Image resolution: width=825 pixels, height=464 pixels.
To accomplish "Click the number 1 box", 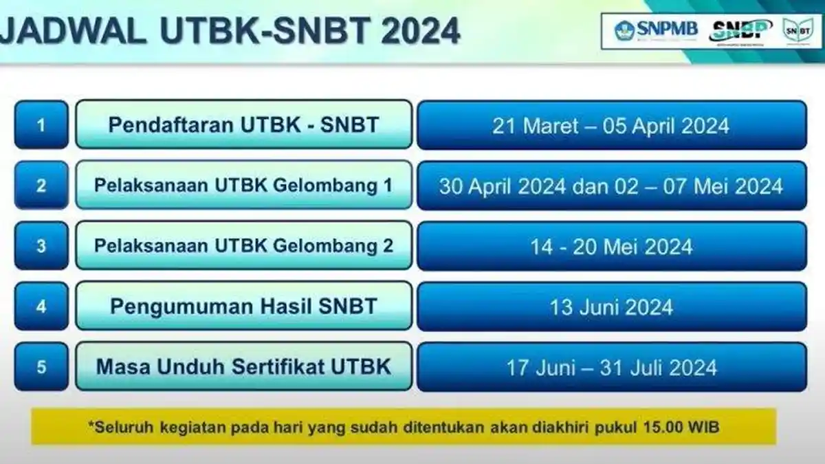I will tap(41, 125).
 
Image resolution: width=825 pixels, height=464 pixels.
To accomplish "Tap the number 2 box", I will tap(41, 186).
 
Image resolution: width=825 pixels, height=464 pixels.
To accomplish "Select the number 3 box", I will tap(41, 245).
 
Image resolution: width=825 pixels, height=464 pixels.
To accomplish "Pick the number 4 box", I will tap(41, 306).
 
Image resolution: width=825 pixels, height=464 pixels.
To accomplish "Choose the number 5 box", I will tap(41, 366).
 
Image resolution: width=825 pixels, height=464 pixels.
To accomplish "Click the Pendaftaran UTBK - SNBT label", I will tap(244, 125).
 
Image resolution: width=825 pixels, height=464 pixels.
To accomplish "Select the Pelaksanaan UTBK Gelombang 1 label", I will tap(244, 186).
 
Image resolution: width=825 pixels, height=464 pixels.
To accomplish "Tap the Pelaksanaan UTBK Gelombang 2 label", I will tap(244, 245).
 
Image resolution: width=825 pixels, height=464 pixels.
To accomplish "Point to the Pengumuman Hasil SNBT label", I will tap(244, 306).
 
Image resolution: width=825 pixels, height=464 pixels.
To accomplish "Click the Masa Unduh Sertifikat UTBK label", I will tap(244, 366).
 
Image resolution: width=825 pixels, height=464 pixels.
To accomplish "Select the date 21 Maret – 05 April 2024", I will tap(611, 126).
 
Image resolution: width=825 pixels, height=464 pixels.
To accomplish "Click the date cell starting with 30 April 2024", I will tap(611, 186).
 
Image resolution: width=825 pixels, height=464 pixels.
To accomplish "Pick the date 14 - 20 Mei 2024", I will tap(611, 246).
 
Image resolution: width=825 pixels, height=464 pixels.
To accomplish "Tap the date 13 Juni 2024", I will tap(611, 307).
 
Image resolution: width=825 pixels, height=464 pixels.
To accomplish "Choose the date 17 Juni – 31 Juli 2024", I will tap(611, 367).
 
